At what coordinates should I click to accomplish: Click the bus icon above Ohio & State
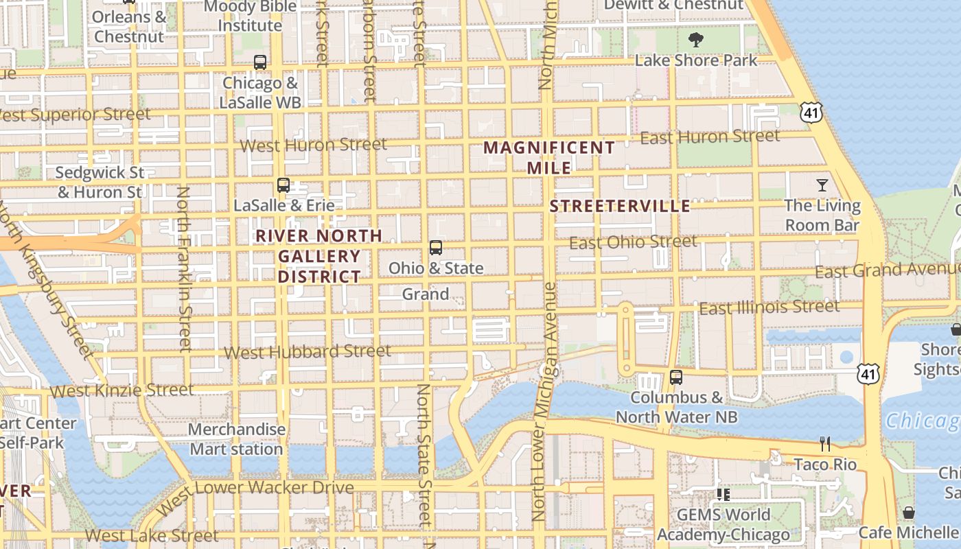click(435, 248)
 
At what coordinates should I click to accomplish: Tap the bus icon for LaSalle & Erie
click(283, 185)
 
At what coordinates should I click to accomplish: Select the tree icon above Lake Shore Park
click(695, 40)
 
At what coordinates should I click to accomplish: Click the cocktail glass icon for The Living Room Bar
click(822, 185)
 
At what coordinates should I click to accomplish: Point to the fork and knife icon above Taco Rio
click(824, 444)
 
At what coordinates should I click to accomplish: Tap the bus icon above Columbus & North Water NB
click(676, 377)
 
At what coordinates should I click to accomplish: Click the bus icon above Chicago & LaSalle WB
click(259, 62)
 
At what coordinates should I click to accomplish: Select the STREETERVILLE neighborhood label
click(620, 207)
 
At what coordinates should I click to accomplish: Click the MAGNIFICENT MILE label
click(549, 157)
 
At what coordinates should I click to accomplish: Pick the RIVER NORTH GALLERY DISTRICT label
click(319, 256)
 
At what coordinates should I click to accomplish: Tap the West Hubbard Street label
click(308, 352)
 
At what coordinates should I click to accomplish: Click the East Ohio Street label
click(633, 242)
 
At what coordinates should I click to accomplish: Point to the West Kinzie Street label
click(122, 390)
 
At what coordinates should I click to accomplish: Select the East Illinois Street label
click(769, 307)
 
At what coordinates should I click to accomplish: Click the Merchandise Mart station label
click(237, 439)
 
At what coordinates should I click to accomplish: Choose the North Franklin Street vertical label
click(183, 268)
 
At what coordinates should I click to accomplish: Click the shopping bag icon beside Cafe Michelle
click(908, 513)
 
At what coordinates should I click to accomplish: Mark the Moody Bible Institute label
click(251, 16)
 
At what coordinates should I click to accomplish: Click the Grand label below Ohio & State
click(425, 294)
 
